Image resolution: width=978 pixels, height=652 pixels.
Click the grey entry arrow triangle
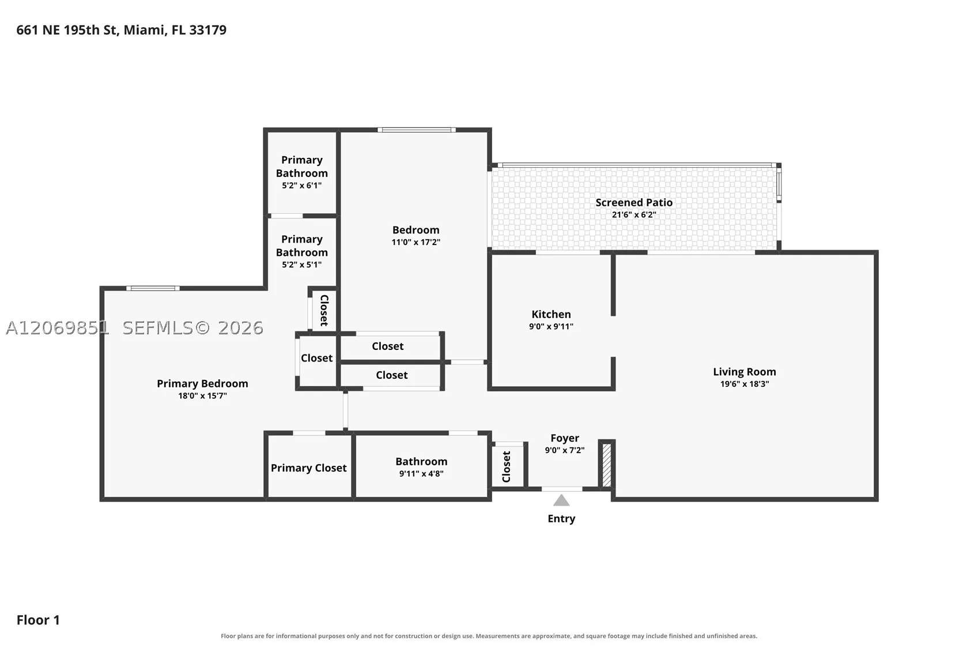561,500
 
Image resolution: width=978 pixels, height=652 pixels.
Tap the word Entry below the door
561,519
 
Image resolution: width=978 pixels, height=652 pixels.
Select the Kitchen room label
551,314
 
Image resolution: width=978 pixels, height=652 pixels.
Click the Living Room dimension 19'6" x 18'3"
745,384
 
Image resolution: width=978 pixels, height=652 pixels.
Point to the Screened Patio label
634,202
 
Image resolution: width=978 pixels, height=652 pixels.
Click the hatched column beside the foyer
607,465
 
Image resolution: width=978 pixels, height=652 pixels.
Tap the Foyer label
565,439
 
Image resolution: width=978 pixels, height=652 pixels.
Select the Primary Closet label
309,468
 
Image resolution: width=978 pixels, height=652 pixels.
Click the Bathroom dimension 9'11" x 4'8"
421,474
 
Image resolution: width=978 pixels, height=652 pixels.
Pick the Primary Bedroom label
203,384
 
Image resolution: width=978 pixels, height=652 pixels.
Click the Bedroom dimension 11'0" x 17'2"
416,242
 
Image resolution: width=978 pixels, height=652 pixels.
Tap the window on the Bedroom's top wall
417,130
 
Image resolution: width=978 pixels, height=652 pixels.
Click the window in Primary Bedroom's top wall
153,288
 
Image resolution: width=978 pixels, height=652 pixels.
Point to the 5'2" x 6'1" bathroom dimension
301,186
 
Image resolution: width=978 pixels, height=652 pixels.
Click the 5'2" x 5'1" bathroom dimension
301,265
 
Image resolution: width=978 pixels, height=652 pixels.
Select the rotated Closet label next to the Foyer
507,467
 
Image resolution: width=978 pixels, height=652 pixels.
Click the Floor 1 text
38,620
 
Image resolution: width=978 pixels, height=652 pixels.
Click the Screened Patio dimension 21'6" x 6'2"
634,215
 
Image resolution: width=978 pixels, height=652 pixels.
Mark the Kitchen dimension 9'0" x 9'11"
551,327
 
